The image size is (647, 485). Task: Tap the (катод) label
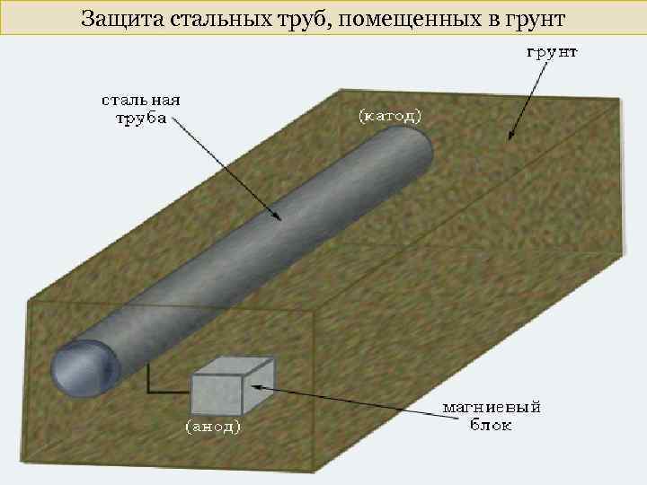click(389, 115)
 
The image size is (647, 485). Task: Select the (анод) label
click(212, 428)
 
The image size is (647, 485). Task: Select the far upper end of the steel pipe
click(409, 144)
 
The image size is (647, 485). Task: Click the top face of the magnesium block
click(234, 367)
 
